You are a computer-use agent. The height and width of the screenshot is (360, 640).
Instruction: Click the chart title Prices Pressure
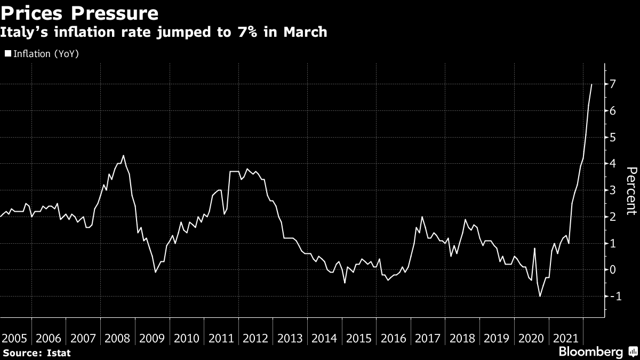[x=80, y=12]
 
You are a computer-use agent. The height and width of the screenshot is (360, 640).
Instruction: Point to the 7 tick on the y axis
[x=613, y=84]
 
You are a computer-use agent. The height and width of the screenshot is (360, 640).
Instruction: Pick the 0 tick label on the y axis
[x=613, y=269]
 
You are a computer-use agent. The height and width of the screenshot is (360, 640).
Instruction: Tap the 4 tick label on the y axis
[x=613, y=164]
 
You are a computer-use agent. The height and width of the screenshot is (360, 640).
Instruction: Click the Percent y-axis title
[x=631, y=190]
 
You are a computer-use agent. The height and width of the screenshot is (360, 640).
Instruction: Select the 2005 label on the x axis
[x=14, y=338]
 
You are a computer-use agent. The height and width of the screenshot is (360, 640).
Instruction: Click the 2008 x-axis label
[x=118, y=338]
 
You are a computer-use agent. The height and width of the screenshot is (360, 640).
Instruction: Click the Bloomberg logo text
[x=590, y=352]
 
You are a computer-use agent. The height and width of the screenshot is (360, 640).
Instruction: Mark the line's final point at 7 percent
[x=591, y=84]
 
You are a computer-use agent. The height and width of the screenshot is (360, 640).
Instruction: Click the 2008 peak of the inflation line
[x=123, y=156]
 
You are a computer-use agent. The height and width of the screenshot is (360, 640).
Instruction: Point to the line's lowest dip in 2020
[x=540, y=296]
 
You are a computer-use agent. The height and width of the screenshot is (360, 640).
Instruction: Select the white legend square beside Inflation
[x=7, y=54]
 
